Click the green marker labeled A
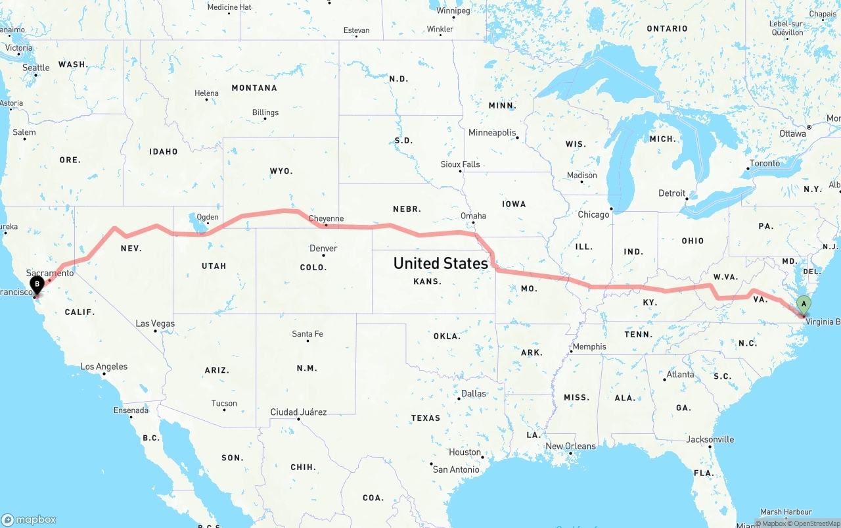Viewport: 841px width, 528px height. [x=803, y=304]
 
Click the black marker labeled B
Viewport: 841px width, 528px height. [x=37, y=285]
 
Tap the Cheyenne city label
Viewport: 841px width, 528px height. [x=326, y=219]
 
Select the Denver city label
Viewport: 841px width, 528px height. [x=323, y=249]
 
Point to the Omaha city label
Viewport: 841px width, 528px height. [x=473, y=216]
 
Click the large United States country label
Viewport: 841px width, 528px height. [x=440, y=263]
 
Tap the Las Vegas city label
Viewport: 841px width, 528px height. [x=155, y=324]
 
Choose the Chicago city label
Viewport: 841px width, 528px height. [x=593, y=214]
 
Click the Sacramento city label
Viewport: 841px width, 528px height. [x=50, y=273]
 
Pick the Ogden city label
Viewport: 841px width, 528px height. [x=208, y=217]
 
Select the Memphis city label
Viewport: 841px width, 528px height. [x=589, y=347]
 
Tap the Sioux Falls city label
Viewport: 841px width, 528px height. [x=460, y=164]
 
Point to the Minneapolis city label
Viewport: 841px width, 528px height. [x=492, y=133]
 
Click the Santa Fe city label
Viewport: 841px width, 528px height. [x=307, y=334]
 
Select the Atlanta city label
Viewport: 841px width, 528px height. [x=680, y=375]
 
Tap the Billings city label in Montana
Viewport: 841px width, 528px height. [x=265, y=112]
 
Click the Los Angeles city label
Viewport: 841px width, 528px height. [x=104, y=366]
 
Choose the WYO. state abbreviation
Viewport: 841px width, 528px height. [x=281, y=171]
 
